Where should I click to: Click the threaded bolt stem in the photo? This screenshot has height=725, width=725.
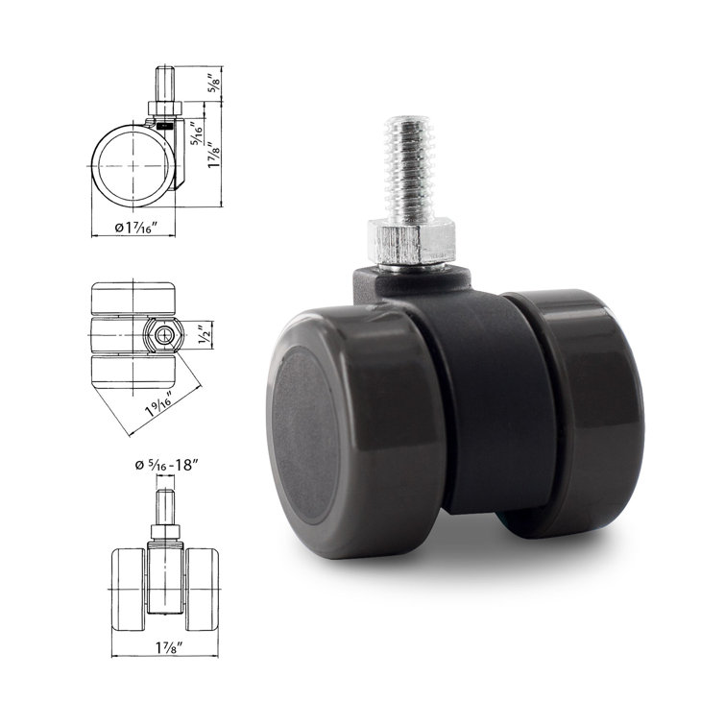[409, 167]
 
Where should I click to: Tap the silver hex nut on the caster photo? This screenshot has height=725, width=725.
[410, 240]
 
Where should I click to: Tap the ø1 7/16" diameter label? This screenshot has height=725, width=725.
[133, 228]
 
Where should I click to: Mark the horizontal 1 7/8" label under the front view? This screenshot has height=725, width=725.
[165, 646]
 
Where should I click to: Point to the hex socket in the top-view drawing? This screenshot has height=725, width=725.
[167, 335]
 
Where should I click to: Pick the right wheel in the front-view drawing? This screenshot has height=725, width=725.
[203, 581]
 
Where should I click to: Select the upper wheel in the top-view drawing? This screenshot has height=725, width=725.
[133, 297]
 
